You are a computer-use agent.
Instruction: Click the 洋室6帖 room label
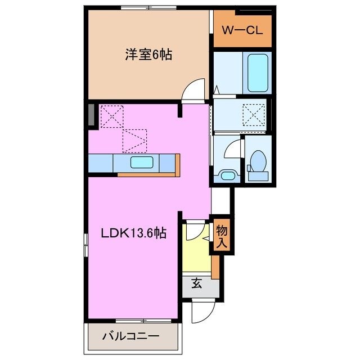(x=148, y=55)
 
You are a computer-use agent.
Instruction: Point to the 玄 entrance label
(x=197, y=284)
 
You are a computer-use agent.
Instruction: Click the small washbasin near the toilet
(x=227, y=175)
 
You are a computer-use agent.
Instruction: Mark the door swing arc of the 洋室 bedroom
(x=195, y=89)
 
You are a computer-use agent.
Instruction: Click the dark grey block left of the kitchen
(x=91, y=115)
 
